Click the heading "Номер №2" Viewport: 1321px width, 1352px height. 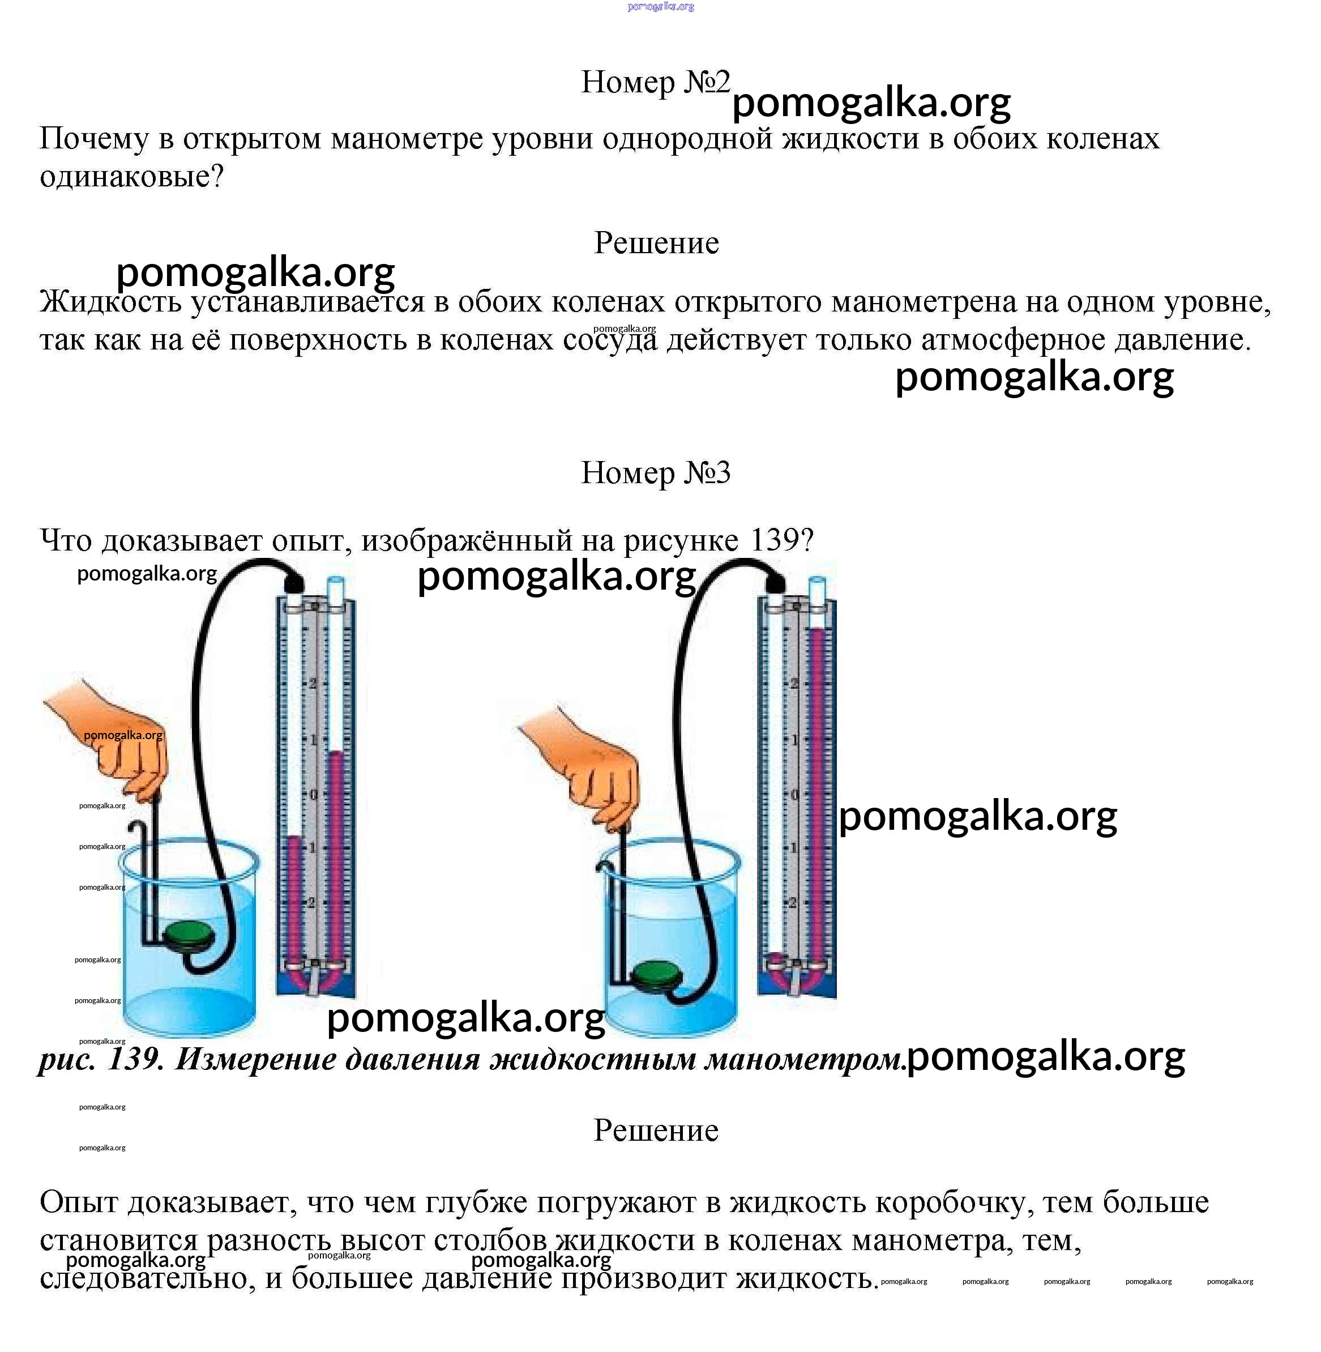(655, 83)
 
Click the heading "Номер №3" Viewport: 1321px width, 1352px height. (655, 474)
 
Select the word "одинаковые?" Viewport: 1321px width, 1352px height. (132, 177)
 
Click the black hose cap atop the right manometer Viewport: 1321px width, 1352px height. (775, 581)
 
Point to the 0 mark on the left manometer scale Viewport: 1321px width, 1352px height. (313, 794)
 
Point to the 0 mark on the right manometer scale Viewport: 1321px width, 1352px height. (795, 794)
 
